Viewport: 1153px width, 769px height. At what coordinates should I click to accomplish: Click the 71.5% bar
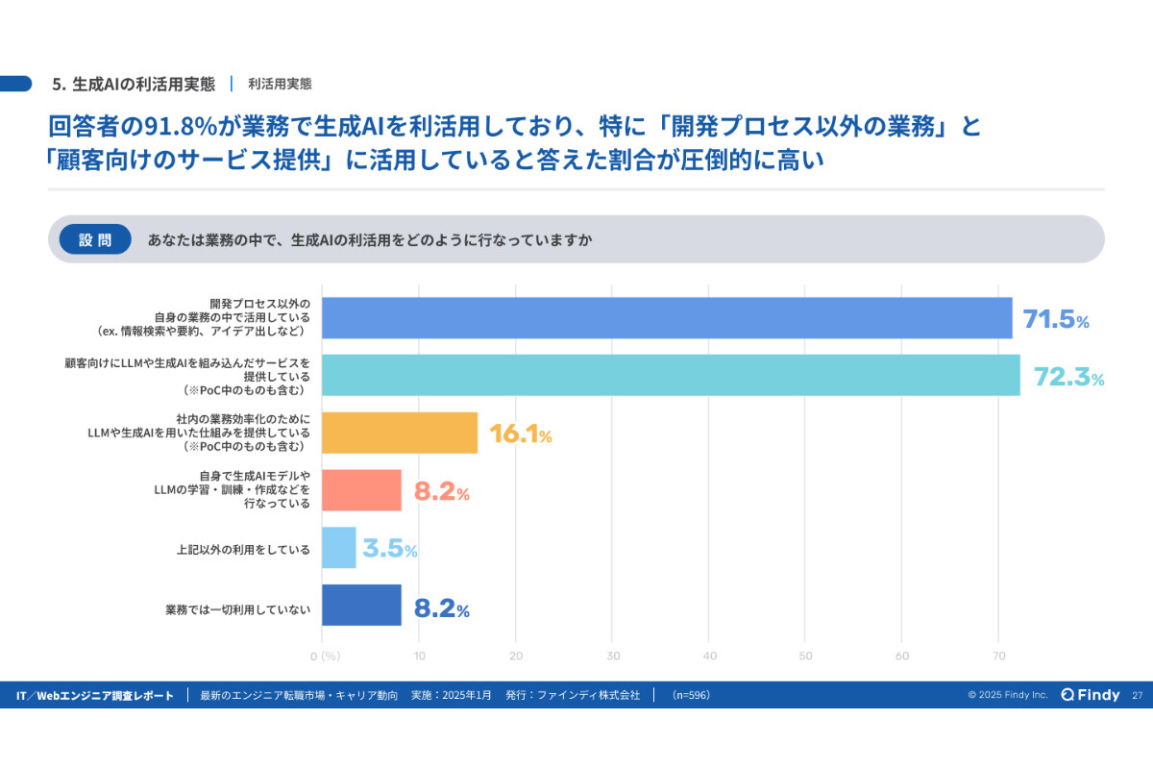667,318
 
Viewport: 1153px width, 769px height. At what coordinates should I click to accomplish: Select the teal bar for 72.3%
671,375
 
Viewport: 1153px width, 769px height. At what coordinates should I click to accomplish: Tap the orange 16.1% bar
400,433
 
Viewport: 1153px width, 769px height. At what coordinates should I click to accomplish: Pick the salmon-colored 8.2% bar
361,490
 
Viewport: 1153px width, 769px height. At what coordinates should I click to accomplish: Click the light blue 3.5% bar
339,548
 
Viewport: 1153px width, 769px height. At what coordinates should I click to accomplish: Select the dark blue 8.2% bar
361,606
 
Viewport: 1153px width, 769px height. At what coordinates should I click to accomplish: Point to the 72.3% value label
1068,377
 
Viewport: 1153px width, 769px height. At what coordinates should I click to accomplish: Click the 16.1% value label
520,434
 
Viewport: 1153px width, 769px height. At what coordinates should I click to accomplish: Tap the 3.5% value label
389,550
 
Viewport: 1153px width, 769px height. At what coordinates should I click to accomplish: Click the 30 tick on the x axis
613,657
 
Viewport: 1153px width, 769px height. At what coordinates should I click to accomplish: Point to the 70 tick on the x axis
999,657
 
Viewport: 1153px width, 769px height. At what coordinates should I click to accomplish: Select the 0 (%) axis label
326,657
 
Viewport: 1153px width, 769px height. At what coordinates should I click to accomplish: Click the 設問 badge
95,240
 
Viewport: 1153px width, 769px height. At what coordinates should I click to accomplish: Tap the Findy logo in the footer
1091,695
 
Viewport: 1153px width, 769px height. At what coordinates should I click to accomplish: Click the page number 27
1138,695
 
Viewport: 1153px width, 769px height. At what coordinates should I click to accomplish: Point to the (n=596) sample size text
691,695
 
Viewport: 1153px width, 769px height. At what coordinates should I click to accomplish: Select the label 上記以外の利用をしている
243,550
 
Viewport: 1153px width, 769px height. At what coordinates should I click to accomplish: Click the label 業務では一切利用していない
237,608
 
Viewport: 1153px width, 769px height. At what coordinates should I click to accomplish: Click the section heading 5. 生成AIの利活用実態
134,84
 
